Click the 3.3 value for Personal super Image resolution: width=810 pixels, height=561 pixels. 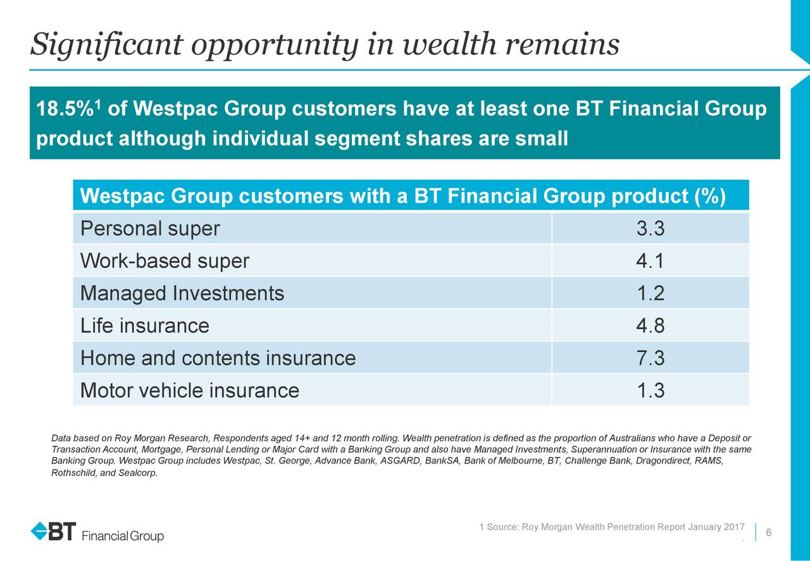650,229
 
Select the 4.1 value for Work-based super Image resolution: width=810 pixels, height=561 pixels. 650,261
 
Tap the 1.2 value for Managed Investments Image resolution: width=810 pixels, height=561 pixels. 650,293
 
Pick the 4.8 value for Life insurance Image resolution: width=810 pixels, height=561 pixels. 650,325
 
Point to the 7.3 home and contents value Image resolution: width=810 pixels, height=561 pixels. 650,358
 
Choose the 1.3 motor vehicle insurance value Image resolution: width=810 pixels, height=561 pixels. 650,390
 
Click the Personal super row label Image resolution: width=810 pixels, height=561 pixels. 150,229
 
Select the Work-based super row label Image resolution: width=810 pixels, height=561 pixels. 165,261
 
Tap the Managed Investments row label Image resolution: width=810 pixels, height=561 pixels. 182,294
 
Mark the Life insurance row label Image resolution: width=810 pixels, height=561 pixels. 145,325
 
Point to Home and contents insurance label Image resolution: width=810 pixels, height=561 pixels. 218,358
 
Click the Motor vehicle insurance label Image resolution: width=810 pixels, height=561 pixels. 190,390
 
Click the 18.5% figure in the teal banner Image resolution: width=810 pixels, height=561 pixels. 65,108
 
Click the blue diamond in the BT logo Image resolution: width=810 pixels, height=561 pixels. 39,531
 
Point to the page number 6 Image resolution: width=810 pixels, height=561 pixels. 769,533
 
